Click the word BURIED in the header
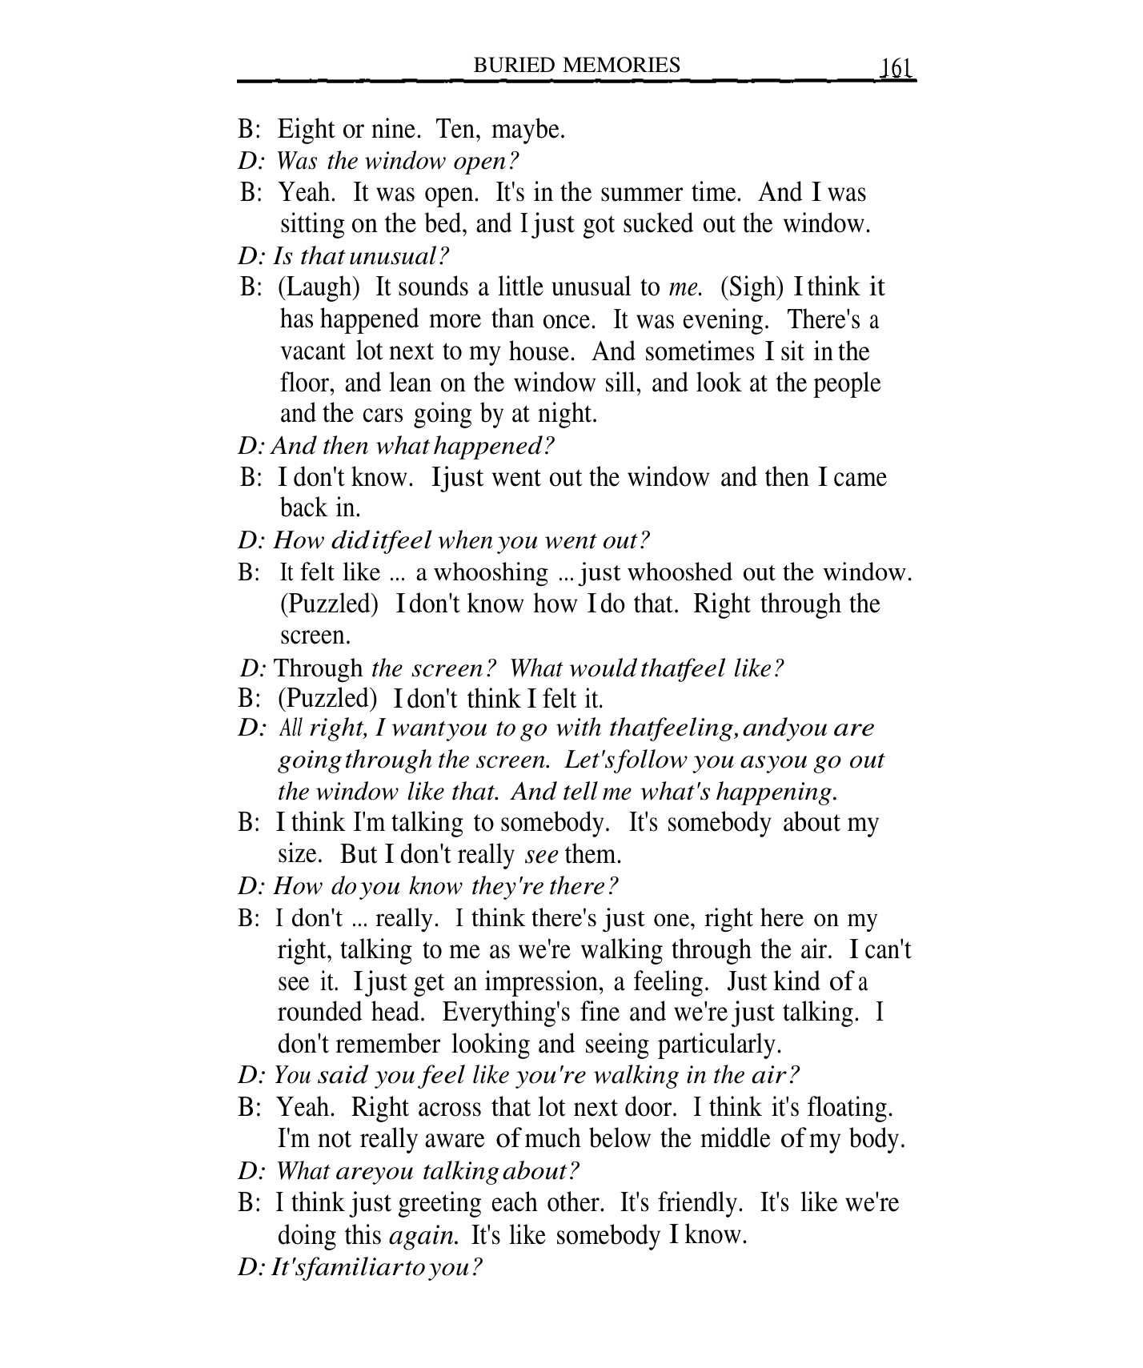pyautogui.click(x=515, y=65)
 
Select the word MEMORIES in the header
pyautogui.click(x=622, y=65)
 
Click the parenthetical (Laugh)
pyautogui.click(x=320, y=287)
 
